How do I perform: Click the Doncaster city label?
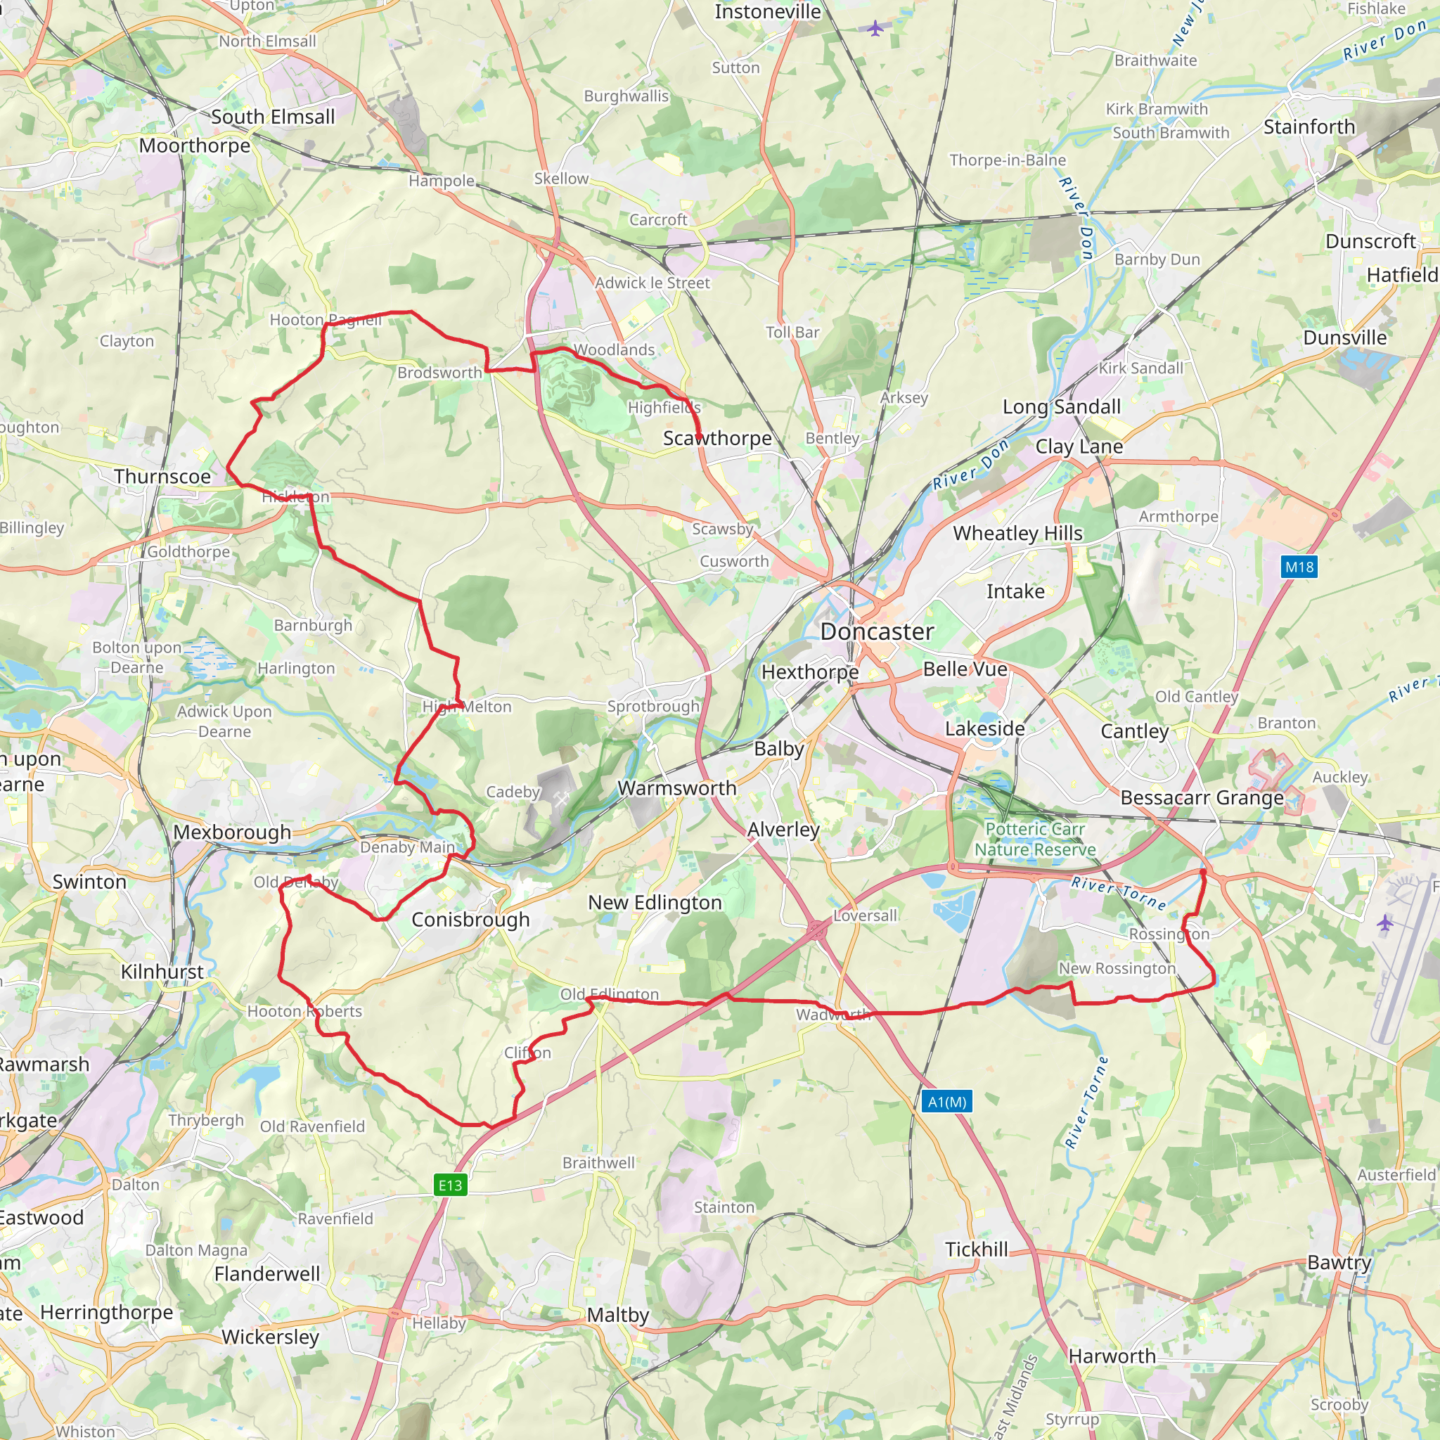pos(877,632)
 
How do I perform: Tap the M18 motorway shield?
pos(1299,567)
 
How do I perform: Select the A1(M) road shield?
pos(946,1102)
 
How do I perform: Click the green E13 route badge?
pos(450,1185)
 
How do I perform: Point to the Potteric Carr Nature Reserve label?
pos(1035,840)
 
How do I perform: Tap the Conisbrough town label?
pos(470,920)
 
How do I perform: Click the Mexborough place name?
pos(232,832)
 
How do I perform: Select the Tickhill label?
pos(977,1249)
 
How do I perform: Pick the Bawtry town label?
pos(1339,1263)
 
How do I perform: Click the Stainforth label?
pos(1309,127)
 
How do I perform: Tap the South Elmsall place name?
pos(273,117)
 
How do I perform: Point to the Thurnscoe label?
pos(162,476)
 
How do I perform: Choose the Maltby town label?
pos(618,1315)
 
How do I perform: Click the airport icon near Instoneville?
pos(875,28)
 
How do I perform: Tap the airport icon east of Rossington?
pos(1384,923)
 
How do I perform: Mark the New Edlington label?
pos(655,903)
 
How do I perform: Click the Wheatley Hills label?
pos(1017,533)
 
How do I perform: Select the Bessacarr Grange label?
pos(1202,797)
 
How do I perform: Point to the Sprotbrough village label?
pos(653,706)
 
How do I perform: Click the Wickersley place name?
pos(270,1337)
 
